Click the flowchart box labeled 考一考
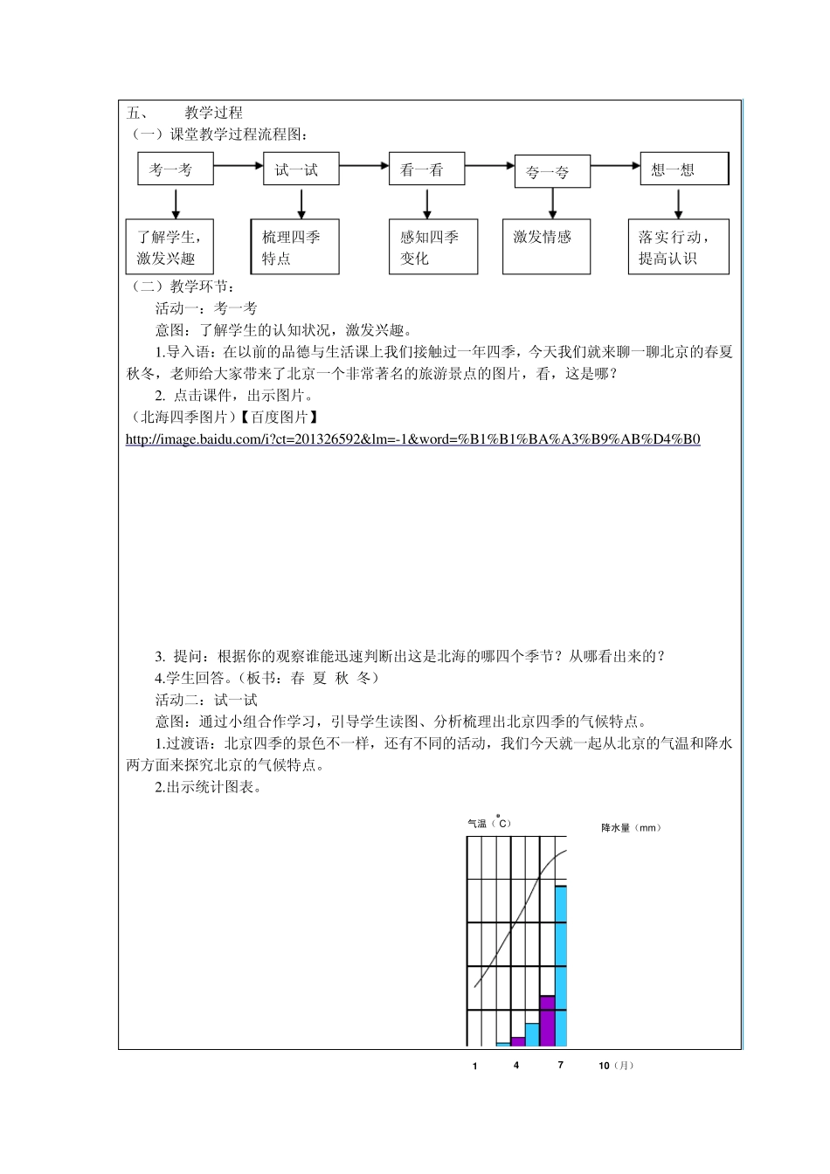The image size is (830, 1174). coord(176,169)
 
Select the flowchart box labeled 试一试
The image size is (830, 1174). coord(301,169)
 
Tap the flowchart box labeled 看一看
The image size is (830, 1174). coord(426,169)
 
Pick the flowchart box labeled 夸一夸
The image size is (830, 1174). coord(552,172)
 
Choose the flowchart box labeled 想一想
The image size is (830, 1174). coord(684,169)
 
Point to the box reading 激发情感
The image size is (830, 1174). coord(546,247)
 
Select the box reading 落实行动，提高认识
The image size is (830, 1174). coord(678,247)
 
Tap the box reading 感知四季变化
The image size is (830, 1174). coord(433,247)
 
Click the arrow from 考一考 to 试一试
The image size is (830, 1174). coord(239,164)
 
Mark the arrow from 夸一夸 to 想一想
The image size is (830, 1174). coord(616,165)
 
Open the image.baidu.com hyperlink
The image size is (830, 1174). coord(412,439)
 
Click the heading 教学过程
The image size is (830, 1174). coord(213,113)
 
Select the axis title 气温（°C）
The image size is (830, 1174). coord(489,823)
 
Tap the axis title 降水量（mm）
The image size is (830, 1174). coord(631,827)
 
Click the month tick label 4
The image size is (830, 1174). coord(516,1066)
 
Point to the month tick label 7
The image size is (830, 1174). coord(561,1066)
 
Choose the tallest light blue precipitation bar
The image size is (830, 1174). coord(561,965)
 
